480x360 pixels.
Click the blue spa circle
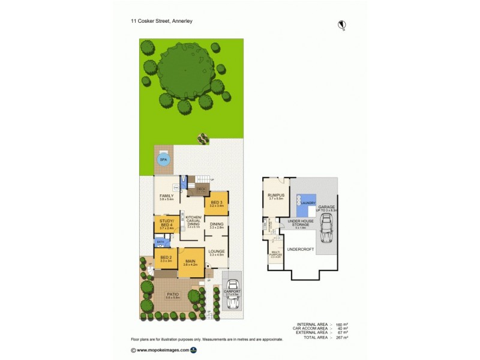(x=163, y=160)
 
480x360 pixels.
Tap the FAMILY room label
(x=166, y=196)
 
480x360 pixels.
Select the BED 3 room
(x=217, y=203)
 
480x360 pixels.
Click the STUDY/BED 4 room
(x=166, y=225)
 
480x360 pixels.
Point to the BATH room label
(x=160, y=242)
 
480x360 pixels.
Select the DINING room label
(x=217, y=224)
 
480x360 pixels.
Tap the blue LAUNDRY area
(x=307, y=202)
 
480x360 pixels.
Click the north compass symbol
(x=343, y=25)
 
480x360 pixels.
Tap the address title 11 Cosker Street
(x=162, y=20)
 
